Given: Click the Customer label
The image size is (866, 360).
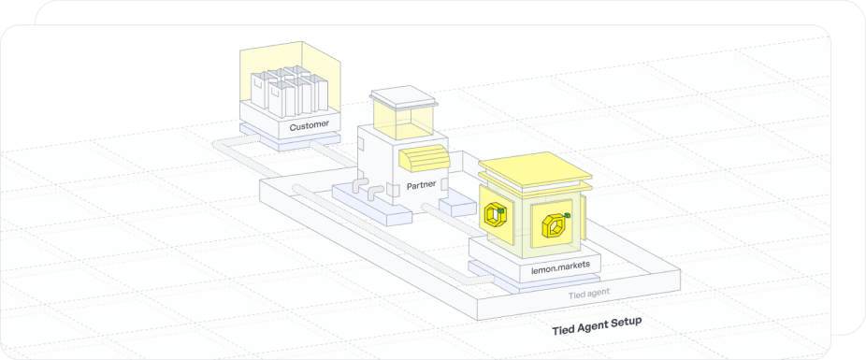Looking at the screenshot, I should (308, 125).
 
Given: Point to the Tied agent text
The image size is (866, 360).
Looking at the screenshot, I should (589, 295).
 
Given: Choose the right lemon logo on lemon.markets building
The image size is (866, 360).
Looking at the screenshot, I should (552, 226).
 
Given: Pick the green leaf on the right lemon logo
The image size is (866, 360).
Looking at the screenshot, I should (568, 216).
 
